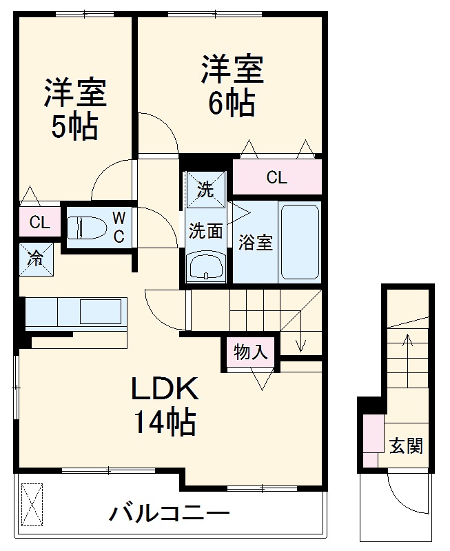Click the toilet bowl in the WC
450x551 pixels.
pyautogui.click(x=86, y=226)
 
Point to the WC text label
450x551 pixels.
pyautogui.click(x=119, y=227)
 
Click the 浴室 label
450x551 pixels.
pyautogui.click(x=255, y=243)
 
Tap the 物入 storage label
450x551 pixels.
pyautogui.click(x=249, y=353)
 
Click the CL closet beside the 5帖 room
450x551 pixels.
pyautogui.click(x=39, y=222)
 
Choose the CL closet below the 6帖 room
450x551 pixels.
pyautogui.click(x=276, y=178)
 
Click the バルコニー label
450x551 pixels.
pyautogui.click(x=169, y=513)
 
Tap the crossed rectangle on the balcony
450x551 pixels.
pyautogui.click(x=32, y=505)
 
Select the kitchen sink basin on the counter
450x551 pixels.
pyautogui.click(x=100, y=312)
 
